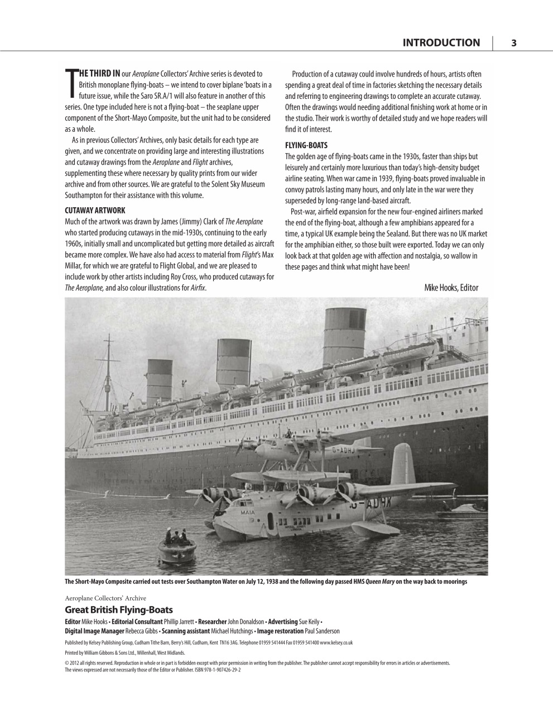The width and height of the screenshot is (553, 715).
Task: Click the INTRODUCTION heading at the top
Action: click(x=440, y=43)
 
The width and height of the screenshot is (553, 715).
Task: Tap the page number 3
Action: click(x=513, y=43)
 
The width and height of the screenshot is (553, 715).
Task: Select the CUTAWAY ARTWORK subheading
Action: click(x=95, y=211)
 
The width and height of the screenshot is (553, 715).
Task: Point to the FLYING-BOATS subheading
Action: click(x=306, y=145)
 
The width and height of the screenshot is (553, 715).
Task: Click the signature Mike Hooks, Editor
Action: click(x=451, y=288)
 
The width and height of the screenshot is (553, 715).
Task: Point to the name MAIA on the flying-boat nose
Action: click(x=248, y=511)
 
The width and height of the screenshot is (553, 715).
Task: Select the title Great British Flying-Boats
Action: click(x=119, y=610)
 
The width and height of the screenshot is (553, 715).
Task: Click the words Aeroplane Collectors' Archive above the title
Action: click(x=105, y=598)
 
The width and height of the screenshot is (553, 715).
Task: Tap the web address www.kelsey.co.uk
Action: click(x=336, y=642)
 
